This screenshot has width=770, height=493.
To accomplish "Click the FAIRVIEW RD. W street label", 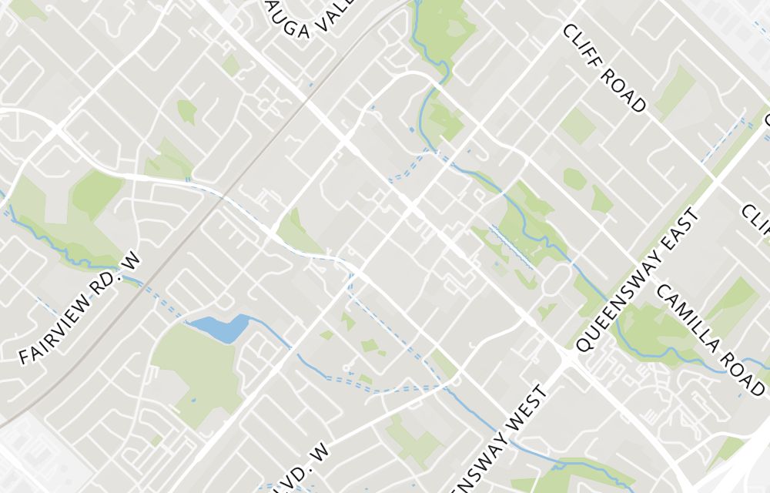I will click(x=82, y=308).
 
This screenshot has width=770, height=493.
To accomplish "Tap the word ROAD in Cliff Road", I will click(x=625, y=89).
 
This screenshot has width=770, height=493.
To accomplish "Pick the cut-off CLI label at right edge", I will click(x=756, y=220).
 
